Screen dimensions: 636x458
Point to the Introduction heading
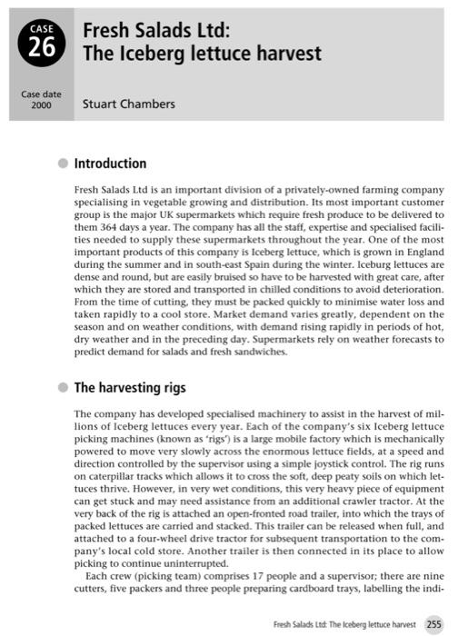110,164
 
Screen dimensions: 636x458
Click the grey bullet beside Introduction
62,164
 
